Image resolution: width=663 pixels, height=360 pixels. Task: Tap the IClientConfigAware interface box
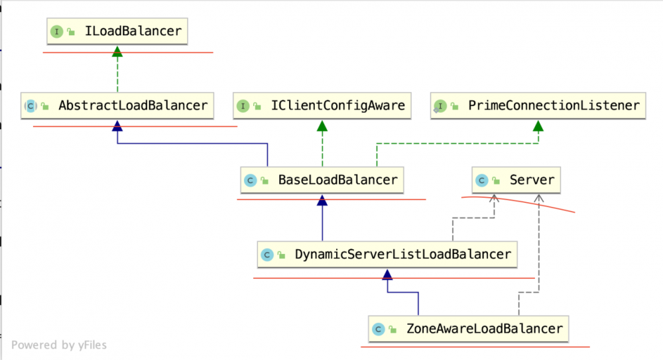pos(322,105)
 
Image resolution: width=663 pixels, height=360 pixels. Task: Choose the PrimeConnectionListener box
pos(538,105)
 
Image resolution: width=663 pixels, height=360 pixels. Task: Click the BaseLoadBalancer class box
pos(322,180)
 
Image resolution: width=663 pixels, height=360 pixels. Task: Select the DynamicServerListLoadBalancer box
pos(387,255)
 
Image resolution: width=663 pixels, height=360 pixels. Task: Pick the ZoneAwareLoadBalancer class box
pos(469,329)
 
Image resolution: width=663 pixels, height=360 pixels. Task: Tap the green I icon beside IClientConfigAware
pos(243,106)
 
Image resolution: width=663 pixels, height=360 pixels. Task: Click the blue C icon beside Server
pos(482,180)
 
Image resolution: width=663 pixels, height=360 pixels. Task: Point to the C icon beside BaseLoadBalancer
pos(251,180)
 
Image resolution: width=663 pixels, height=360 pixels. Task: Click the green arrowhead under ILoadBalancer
pos(117,51)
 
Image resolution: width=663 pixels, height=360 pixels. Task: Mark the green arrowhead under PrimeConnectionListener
pos(538,125)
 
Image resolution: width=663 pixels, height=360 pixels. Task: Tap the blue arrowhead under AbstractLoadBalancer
pos(117,125)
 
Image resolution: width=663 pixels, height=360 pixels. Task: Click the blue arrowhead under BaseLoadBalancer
pos(322,200)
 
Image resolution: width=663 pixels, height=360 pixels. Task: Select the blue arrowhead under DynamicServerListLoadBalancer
pos(387,274)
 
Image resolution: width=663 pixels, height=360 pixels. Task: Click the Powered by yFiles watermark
pos(59,345)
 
